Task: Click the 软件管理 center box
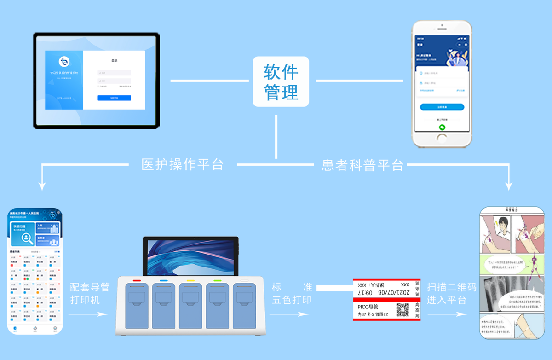pyautogui.click(x=281, y=81)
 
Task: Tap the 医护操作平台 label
pyautogui.click(x=183, y=165)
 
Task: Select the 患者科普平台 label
pyautogui.click(x=362, y=165)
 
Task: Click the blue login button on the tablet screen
pyautogui.click(x=114, y=98)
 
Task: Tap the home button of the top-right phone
pyautogui.click(x=442, y=138)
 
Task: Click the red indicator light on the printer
pyautogui.click(x=136, y=280)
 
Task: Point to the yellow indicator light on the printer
pyautogui.click(x=190, y=280)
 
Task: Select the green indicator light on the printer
pyautogui.click(x=218, y=280)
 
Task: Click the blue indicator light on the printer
pyautogui.click(x=163, y=280)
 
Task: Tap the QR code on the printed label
pyautogui.click(x=403, y=310)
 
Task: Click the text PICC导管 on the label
pyautogui.click(x=368, y=307)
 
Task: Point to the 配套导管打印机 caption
pyautogui.click(x=90, y=294)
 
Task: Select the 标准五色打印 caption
pyautogui.click(x=292, y=294)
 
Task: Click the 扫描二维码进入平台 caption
pyautogui.click(x=451, y=294)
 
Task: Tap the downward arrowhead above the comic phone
pyautogui.click(x=509, y=186)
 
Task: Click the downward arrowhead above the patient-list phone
pyautogui.click(x=42, y=186)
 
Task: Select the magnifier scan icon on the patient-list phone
pyautogui.click(x=27, y=238)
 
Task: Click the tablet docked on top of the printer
pyautogui.click(x=190, y=256)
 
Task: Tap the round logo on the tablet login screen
pyautogui.click(x=64, y=62)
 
